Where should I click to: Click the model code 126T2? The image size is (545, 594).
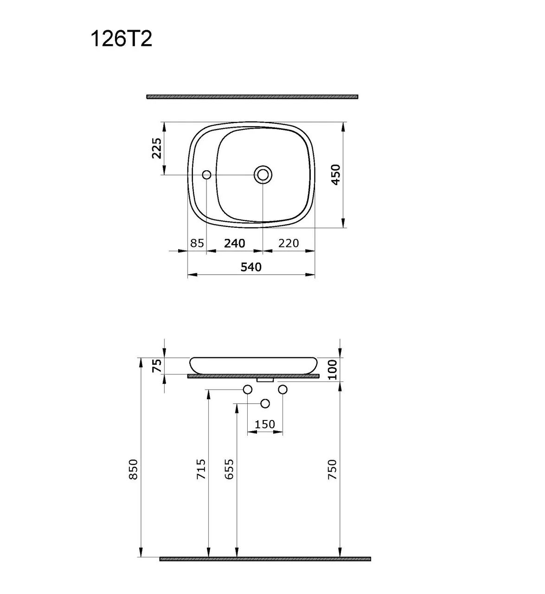point(121,39)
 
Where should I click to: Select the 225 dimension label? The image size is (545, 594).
point(157,148)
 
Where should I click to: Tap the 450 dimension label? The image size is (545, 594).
point(335,174)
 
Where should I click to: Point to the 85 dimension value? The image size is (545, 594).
point(197,243)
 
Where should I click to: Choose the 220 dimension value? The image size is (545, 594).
point(289,243)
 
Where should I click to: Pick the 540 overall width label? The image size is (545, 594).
point(251,267)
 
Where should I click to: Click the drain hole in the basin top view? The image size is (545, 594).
point(263,174)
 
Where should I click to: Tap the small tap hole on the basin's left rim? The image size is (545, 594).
point(207,174)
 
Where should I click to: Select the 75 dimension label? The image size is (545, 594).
point(157,366)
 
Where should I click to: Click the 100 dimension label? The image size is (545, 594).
point(333,369)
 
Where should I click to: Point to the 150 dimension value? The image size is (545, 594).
point(265,424)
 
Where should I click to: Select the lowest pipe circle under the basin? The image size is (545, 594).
point(265,404)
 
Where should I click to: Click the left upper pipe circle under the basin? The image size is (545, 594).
point(248,389)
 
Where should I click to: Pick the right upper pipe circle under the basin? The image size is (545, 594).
point(283,389)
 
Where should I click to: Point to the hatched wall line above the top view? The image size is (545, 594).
point(252,97)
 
